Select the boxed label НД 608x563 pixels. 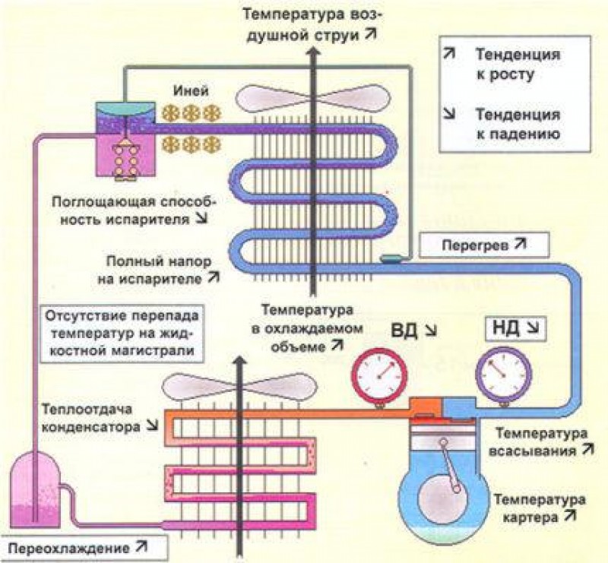click(x=510, y=331)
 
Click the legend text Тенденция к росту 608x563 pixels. click(x=518, y=65)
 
